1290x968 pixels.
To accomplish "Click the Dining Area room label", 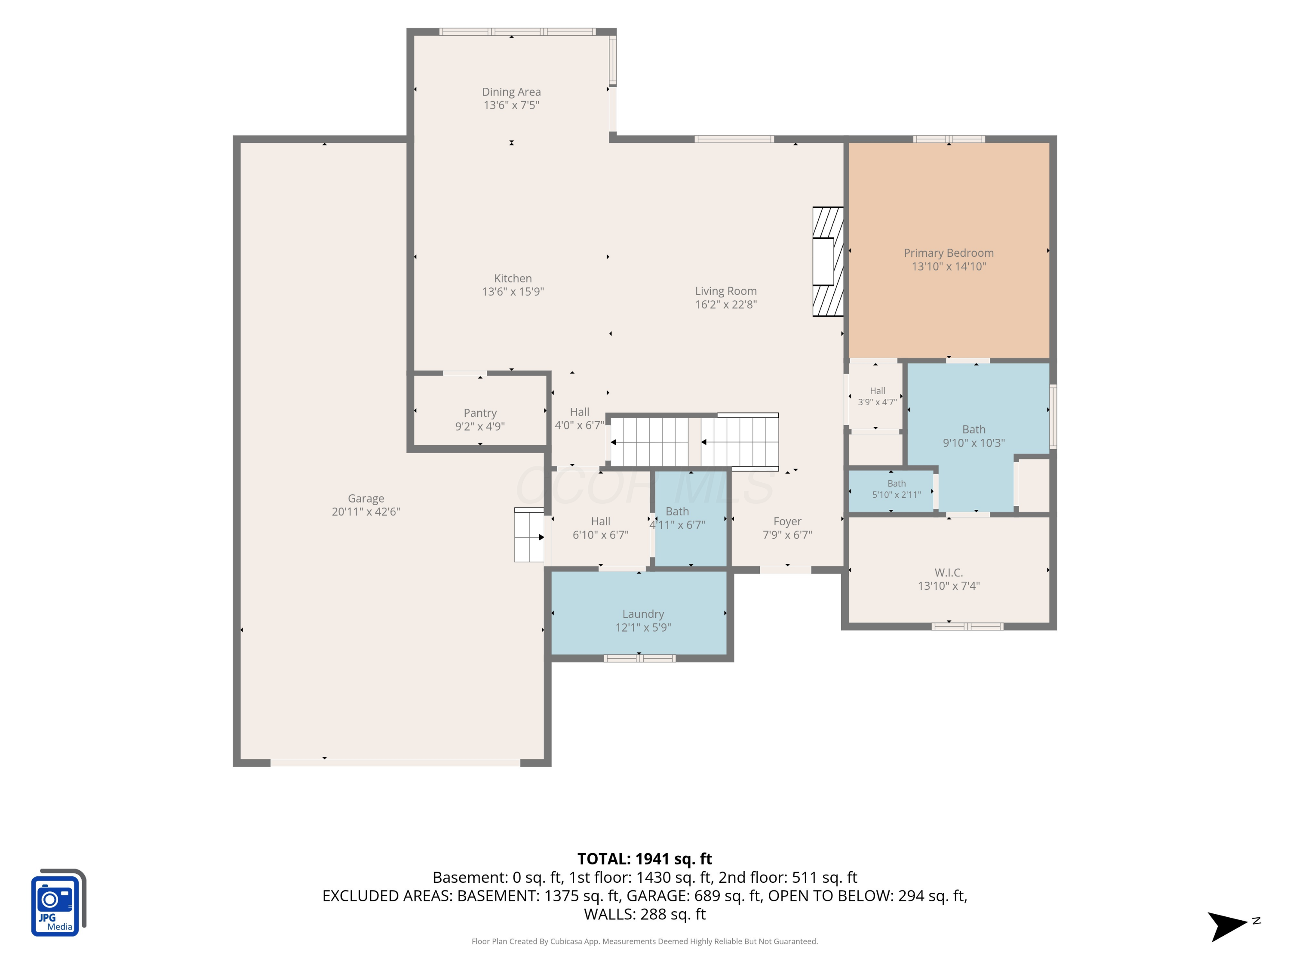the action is [511, 92].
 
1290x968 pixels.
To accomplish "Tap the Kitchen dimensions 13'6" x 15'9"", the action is [513, 292].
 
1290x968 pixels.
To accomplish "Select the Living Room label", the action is [725, 291].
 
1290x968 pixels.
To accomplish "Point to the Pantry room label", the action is [480, 413].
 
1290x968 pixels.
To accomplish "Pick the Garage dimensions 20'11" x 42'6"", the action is [365, 512].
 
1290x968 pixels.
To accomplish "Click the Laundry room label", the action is [643, 614].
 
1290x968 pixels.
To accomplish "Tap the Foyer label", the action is [787, 521].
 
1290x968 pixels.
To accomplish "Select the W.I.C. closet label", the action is [949, 573].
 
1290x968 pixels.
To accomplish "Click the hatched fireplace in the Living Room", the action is [828, 262].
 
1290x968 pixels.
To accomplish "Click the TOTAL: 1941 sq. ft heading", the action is [645, 859].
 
